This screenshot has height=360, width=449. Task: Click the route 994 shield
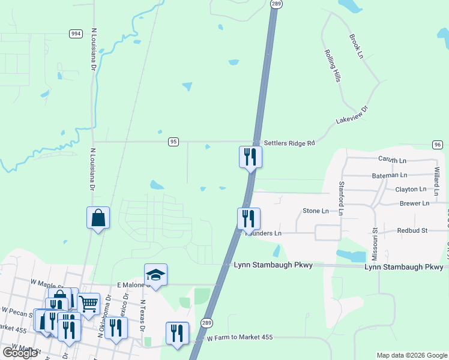pyautogui.click(x=76, y=34)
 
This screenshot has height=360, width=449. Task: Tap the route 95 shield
pyautogui.click(x=173, y=142)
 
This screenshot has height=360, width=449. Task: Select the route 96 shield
pyautogui.click(x=437, y=145)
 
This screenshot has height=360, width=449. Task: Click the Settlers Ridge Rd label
pyautogui.click(x=289, y=143)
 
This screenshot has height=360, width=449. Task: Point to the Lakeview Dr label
pyautogui.click(x=351, y=116)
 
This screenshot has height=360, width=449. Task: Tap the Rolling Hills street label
pyautogui.click(x=333, y=65)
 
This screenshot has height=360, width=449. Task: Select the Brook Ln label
pyautogui.click(x=357, y=46)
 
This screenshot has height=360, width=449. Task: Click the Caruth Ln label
pyautogui.click(x=392, y=160)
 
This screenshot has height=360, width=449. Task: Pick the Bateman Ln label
pyautogui.click(x=390, y=175)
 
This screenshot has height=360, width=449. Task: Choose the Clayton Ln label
pyautogui.click(x=411, y=189)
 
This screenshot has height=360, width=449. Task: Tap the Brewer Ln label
pyautogui.click(x=414, y=203)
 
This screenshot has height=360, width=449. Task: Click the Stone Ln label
pyautogui.click(x=316, y=211)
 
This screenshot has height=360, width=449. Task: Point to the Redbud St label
pyautogui.click(x=412, y=230)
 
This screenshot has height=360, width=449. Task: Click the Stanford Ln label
pyautogui.click(x=342, y=198)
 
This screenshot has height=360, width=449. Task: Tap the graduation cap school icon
pyautogui.click(x=155, y=275)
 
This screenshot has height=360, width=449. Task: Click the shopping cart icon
pyautogui.click(x=88, y=304)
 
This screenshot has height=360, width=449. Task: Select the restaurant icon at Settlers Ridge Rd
pyautogui.click(x=250, y=157)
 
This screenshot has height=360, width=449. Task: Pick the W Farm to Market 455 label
pyautogui.click(x=240, y=338)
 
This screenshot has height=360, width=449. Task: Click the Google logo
pyautogui.click(x=20, y=353)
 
